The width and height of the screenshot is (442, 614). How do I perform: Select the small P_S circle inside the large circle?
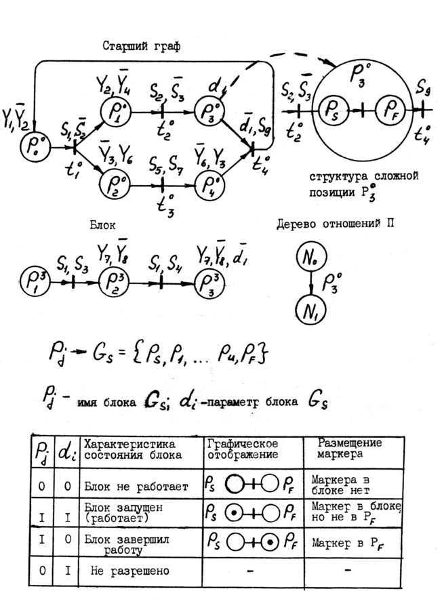click(332, 109)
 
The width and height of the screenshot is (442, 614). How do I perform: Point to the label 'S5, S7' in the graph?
click(167, 163)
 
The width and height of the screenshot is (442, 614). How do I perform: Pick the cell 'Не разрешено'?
click(129, 571)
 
